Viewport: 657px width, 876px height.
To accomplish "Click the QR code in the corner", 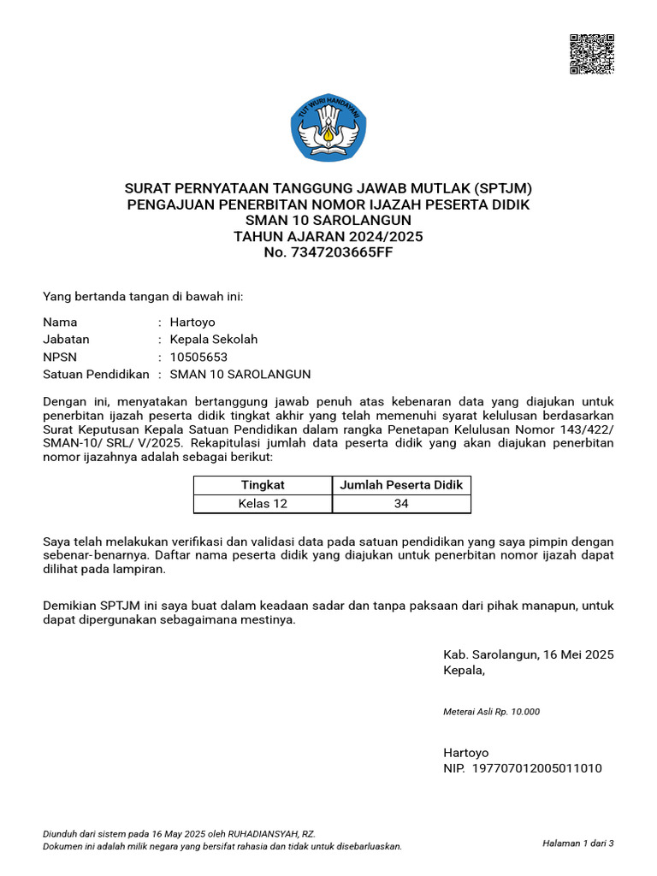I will (x=592, y=55).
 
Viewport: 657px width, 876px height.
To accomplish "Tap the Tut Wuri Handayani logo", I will (x=329, y=128).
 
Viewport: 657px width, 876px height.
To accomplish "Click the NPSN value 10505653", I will (x=199, y=357).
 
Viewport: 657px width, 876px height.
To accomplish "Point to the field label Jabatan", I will (x=66, y=340).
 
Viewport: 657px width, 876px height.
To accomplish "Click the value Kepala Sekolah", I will (x=214, y=340).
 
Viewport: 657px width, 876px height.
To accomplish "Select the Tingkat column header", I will (x=263, y=485).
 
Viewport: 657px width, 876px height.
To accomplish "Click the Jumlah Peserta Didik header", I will (x=401, y=485).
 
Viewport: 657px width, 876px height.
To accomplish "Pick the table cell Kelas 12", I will (x=263, y=504).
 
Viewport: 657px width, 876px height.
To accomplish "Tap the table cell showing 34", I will (x=401, y=504).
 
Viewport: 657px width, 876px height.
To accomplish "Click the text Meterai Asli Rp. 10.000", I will (x=491, y=712).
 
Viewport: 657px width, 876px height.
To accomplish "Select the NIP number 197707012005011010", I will (x=536, y=768).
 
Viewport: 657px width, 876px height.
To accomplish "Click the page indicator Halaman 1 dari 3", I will (x=578, y=843).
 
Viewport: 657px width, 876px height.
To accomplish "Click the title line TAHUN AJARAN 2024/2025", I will (x=328, y=236).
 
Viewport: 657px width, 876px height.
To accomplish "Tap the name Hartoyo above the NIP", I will (x=466, y=753).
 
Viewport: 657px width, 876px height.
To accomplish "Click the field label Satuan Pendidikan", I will (x=96, y=374).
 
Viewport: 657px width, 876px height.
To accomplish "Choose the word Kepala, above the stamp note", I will (x=464, y=670).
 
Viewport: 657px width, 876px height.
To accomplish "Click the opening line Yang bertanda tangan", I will (x=143, y=296).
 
